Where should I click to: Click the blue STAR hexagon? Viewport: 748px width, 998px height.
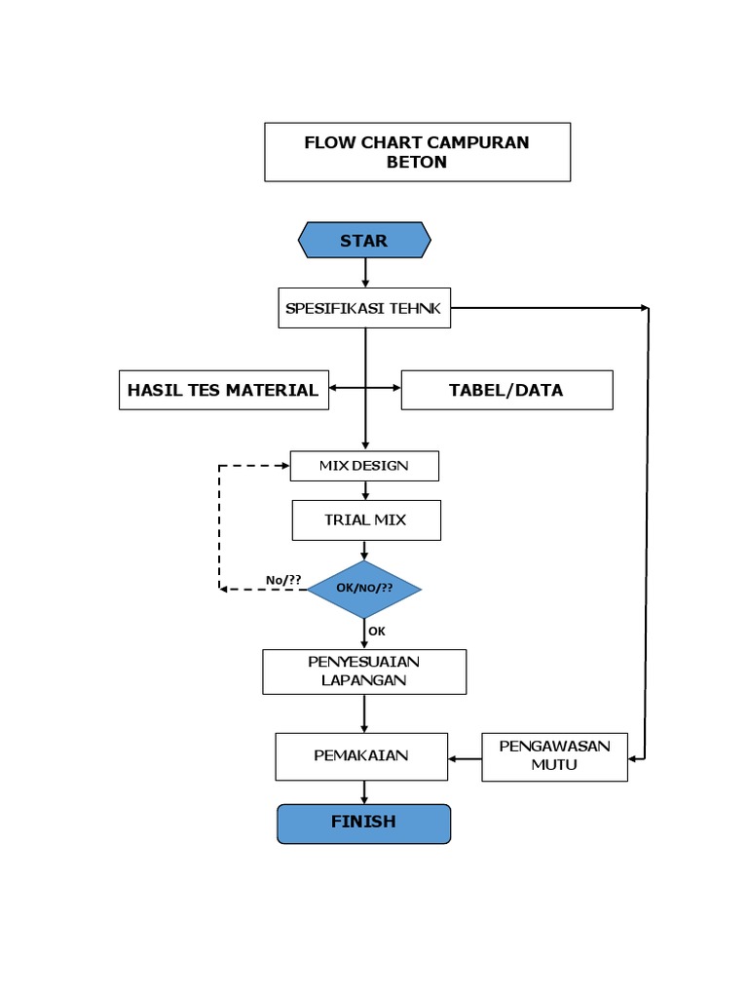364,240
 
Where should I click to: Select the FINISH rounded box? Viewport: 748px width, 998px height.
364,823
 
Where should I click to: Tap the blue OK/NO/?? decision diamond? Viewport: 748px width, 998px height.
364,589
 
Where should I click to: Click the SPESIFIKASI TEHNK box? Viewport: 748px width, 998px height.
364,308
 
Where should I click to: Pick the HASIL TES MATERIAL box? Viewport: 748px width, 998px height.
223,390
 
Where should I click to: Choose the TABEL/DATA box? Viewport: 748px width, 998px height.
506,390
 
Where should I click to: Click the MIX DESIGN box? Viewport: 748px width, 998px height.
364,466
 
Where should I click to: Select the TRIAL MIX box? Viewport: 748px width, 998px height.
366,520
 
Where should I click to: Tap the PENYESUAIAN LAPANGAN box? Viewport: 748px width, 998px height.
364,672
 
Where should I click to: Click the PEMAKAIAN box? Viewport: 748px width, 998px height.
361,756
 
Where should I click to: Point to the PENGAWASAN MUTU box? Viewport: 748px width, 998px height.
554,756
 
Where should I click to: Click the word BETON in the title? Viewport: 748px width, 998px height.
417,163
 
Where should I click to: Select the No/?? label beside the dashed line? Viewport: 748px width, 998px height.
283,580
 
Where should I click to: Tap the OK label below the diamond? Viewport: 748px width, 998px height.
377,632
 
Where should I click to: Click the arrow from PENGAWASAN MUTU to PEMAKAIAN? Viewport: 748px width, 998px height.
465,757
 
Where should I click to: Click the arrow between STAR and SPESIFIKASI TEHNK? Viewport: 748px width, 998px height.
365,273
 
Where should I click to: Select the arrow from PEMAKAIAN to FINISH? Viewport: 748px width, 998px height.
364,792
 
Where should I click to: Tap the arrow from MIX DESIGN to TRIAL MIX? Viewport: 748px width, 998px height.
365,491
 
